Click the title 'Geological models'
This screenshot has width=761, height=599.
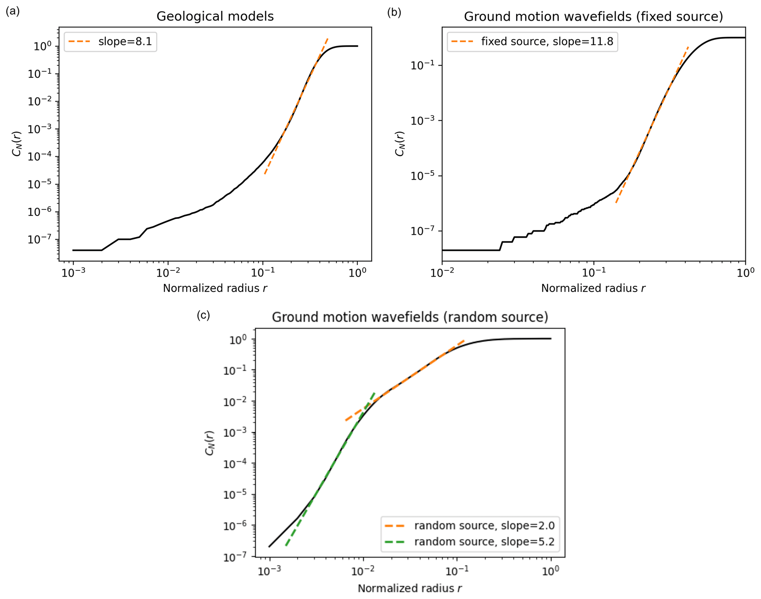point(215,17)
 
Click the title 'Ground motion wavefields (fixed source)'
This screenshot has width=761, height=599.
point(593,17)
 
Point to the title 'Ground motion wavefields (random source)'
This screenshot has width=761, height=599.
point(410,317)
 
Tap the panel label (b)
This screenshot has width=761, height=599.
point(394,12)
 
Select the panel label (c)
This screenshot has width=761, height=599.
point(203,315)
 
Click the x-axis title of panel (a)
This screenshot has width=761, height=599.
point(215,288)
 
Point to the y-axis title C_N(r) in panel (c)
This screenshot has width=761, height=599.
point(210,443)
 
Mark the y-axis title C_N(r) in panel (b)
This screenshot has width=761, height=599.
point(400,143)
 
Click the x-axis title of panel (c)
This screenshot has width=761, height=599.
point(410,588)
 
